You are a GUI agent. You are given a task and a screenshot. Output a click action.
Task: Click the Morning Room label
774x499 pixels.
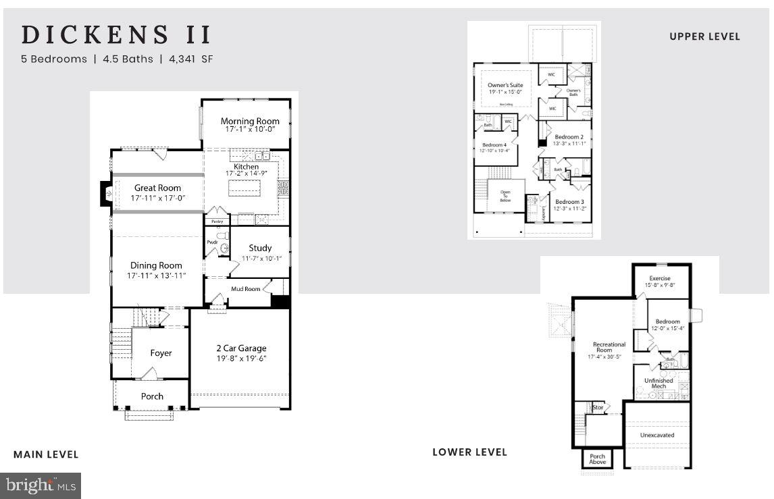[x=250, y=121]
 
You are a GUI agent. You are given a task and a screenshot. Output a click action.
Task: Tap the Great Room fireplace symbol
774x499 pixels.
[x=105, y=194]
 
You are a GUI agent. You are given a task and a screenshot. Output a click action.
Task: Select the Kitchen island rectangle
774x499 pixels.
[x=244, y=188]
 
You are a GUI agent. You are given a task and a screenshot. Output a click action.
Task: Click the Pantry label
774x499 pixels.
[x=217, y=221]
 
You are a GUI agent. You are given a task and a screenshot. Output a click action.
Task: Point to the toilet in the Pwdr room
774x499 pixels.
[x=225, y=248]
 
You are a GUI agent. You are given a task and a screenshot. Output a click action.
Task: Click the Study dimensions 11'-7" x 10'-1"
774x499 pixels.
[x=260, y=258]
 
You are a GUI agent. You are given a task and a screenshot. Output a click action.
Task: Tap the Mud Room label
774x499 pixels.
[x=246, y=288]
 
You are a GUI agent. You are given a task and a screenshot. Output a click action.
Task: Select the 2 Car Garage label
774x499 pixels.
[x=241, y=348]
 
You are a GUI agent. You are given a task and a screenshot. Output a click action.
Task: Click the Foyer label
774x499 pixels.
[x=161, y=352]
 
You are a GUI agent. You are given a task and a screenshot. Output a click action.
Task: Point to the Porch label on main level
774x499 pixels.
[x=152, y=396]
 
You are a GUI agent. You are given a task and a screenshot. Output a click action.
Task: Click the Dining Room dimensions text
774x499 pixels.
[x=157, y=275]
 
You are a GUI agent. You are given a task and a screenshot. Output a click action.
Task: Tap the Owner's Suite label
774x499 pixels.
[x=505, y=85]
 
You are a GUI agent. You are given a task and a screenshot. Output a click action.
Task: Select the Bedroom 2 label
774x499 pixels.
[x=569, y=136]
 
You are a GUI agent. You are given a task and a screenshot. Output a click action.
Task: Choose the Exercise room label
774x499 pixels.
[x=659, y=278]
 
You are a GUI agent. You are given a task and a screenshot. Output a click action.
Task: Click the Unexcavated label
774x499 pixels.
[x=656, y=435]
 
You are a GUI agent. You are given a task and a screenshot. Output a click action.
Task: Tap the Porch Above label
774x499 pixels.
[x=598, y=459]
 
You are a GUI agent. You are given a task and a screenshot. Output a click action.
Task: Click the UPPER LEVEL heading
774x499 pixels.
[x=704, y=36]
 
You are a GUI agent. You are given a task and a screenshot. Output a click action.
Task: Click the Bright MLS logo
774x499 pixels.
[x=41, y=485]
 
